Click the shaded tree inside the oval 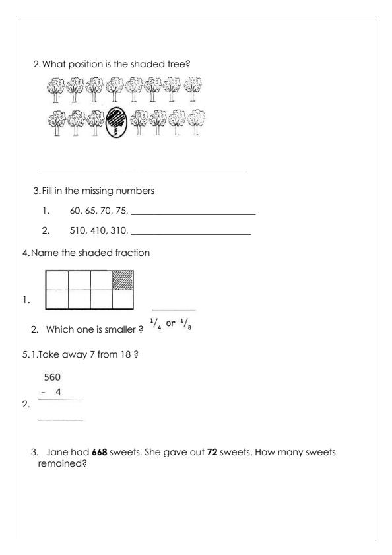coord(116,121)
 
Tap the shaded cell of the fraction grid coord(123,280)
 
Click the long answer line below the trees coord(143,170)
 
